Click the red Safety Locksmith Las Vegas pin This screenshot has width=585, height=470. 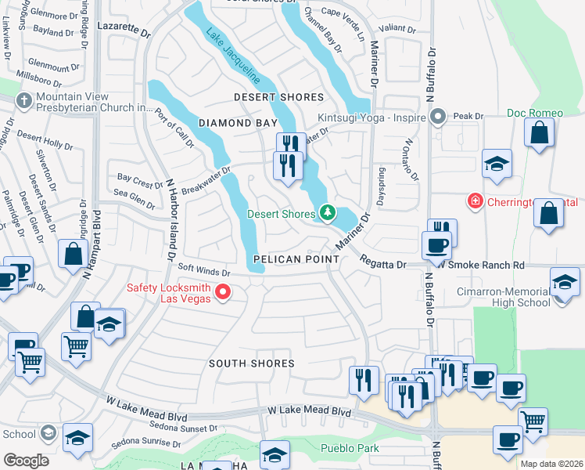point(223,293)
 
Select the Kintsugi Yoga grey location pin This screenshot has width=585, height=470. point(437,117)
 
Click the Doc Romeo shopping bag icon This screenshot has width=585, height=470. point(540,132)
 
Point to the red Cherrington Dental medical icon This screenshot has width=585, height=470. point(475,201)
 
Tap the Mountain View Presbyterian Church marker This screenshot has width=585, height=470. point(25,101)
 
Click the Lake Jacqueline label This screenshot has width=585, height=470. point(232,56)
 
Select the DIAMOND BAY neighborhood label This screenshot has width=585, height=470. point(238,124)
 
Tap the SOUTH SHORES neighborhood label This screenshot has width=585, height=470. point(251,363)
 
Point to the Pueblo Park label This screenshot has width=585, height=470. point(350,449)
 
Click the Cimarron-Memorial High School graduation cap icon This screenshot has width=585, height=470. point(565,280)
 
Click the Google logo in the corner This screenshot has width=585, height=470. point(25,460)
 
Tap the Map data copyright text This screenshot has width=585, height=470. point(551,464)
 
